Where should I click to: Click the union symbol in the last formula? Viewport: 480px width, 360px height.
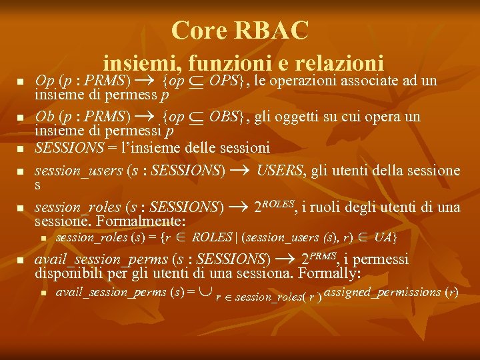click(x=206, y=292)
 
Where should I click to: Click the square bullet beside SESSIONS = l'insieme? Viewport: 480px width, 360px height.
click(x=20, y=149)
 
